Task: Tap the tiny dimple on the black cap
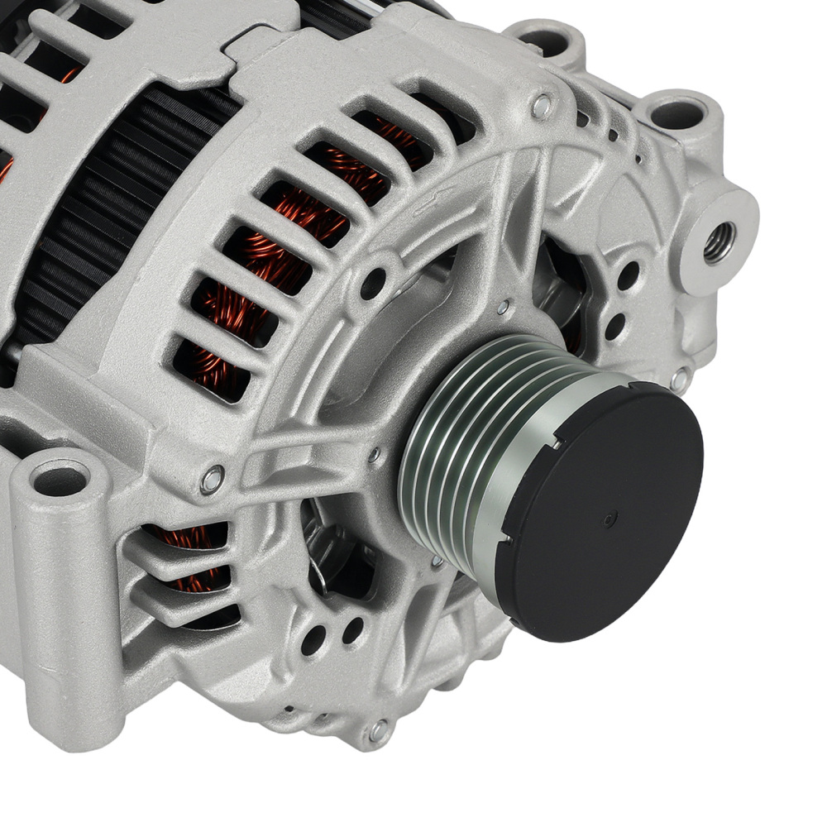[x=609, y=519]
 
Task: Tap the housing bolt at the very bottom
[x=378, y=729]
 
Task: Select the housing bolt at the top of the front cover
[x=542, y=105]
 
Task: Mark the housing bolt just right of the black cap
[x=680, y=380]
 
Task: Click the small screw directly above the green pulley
[x=503, y=308]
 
